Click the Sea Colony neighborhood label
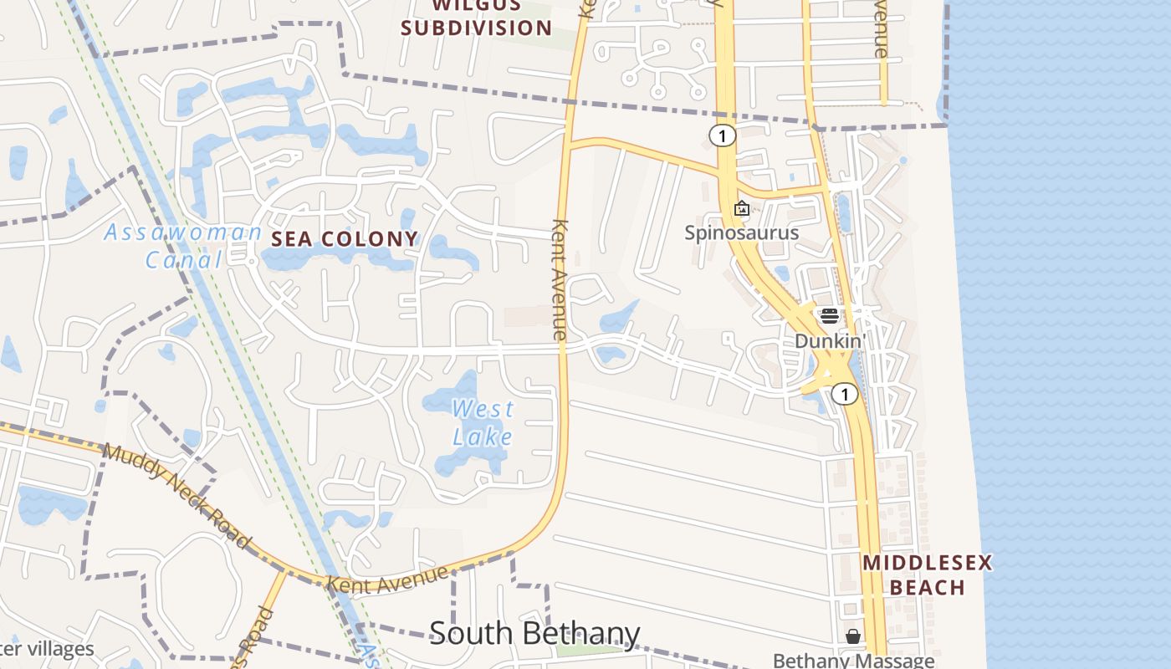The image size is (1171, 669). coord(344,239)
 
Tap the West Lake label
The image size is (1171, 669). coord(483,423)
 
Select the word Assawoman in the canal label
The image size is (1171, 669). coord(182,232)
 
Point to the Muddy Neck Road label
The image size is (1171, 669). coord(176,495)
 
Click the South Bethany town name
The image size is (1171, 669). coord(534,634)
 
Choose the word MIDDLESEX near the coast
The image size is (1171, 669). coord(927,562)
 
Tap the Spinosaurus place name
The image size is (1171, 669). coord(741,232)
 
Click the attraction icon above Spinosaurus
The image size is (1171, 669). coord(741,208)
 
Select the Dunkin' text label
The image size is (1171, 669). coord(829,341)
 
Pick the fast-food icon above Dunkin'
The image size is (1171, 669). coord(829,316)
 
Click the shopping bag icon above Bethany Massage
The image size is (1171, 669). coord(852,637)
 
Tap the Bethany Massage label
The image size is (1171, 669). coord(853,661)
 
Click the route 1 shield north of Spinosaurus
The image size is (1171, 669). coord(722,135)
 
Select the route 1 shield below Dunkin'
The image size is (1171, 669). coord(845,394)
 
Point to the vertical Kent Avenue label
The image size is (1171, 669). coord(560,279)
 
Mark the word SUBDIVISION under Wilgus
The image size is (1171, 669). coord(476,28)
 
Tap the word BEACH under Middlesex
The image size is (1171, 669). coord(927,587)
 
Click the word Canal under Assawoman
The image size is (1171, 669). coord(184,260)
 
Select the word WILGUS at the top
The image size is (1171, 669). coord(476,5)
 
